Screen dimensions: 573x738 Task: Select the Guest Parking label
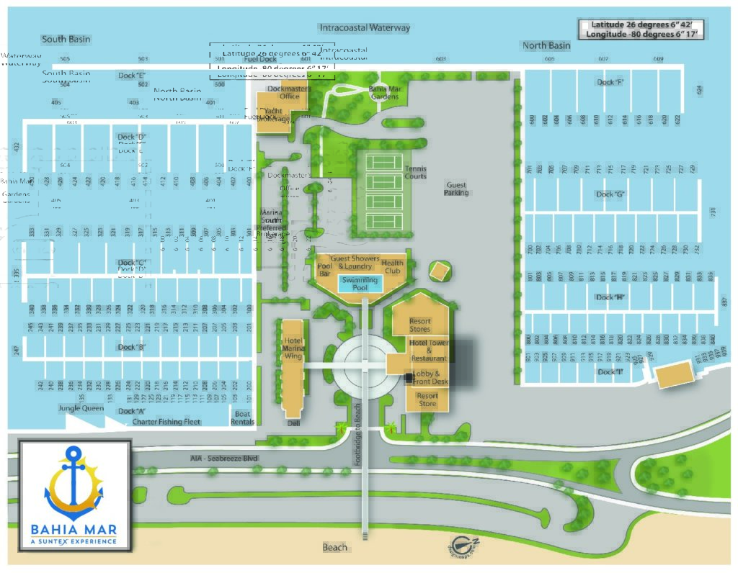456,189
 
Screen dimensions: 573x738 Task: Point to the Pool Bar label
325,269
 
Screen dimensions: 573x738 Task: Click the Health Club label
393,266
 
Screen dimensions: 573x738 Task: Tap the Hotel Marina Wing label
293,348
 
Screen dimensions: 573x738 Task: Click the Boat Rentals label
243,418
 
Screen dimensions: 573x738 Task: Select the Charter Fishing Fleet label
166,422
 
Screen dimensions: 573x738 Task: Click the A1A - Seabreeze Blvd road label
224,458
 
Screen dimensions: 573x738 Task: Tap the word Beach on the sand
334,547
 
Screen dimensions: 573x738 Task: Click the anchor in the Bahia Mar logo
73,479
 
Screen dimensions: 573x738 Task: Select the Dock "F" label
610,82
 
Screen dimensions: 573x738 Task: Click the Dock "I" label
610,371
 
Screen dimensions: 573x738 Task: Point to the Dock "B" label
132,347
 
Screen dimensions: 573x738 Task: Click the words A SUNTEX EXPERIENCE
73,541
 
